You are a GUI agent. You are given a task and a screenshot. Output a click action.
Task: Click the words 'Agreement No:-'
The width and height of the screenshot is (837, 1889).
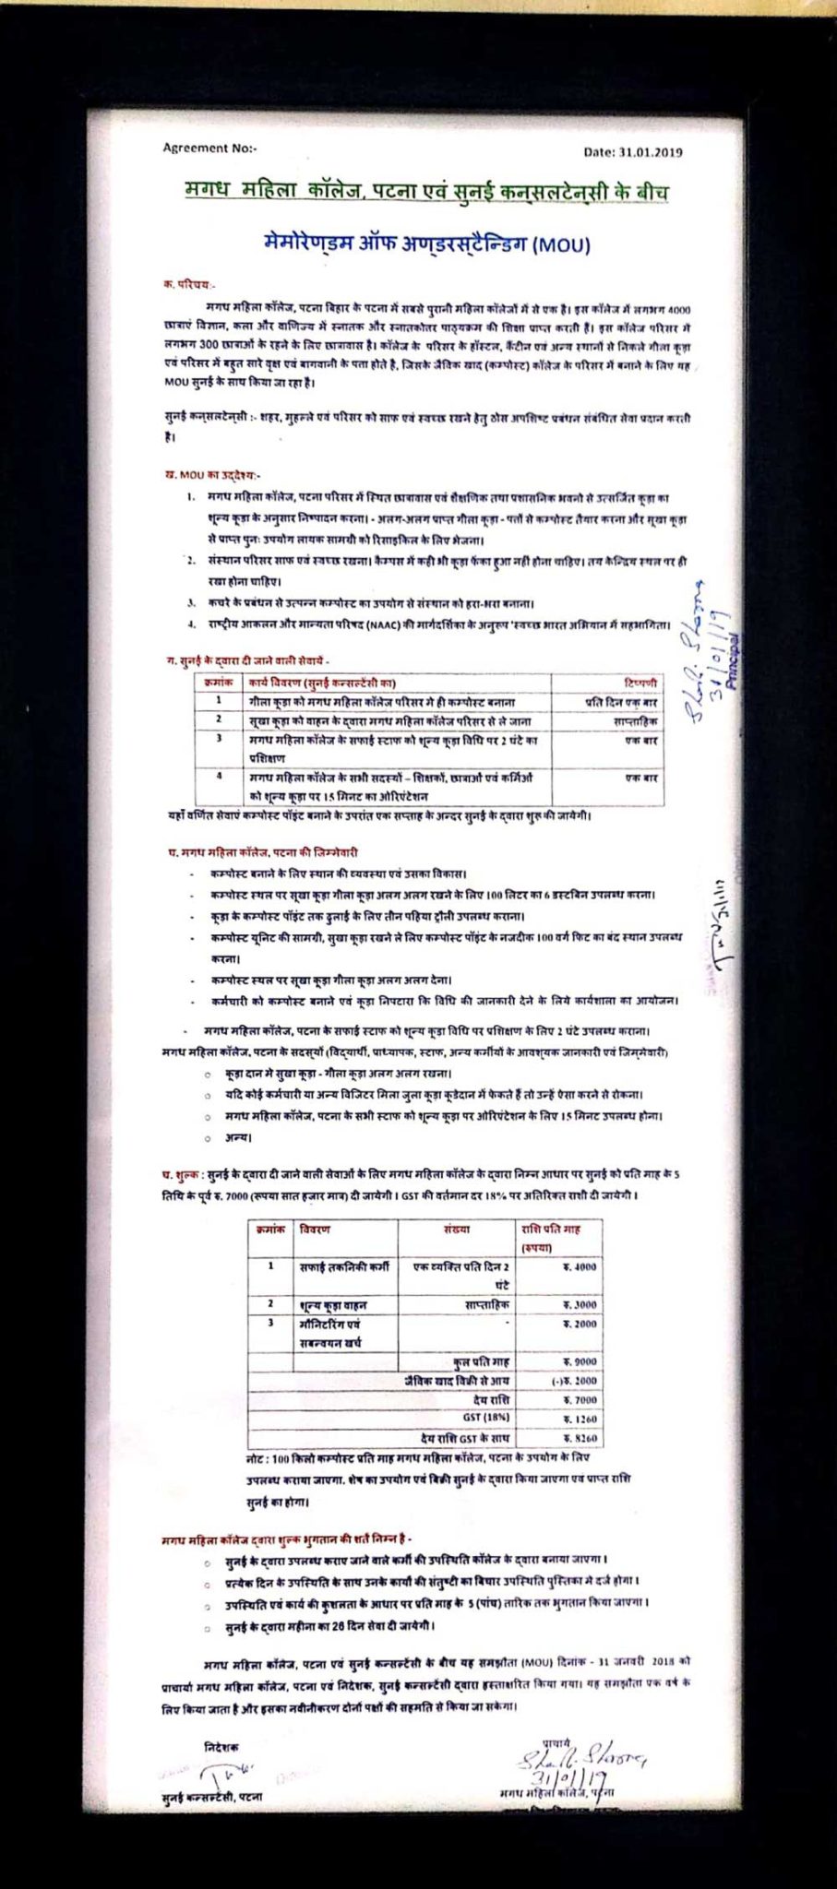pos(209,148)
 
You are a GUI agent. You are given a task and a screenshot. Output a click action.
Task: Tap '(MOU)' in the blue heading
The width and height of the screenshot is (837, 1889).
pos(562,245)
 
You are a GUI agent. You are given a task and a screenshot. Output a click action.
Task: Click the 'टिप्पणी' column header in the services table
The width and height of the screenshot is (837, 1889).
pos(640,683)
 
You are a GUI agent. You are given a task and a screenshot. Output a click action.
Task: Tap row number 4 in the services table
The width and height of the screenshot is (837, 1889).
pos(219,777)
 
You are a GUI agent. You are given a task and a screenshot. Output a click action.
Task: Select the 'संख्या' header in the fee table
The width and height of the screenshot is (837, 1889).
pos(456,1229)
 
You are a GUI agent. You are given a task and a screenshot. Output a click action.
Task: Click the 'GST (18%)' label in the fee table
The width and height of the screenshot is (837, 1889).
pos(485,1417)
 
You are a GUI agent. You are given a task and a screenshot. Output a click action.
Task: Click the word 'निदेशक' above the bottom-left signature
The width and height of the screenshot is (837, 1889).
pos(221,1747)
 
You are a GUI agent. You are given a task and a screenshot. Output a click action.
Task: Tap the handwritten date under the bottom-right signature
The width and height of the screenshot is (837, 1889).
pos(577,1777)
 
